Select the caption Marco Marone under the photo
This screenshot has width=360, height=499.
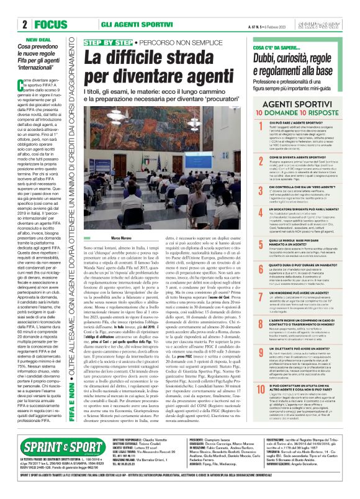click(x=103, y=238)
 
